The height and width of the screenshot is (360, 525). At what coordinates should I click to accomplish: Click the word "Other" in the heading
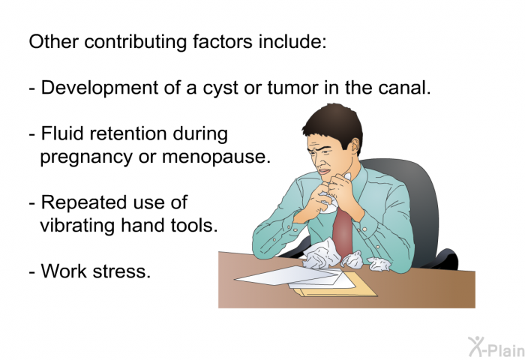tap(53, 41)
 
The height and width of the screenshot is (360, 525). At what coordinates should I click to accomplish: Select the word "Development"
tap(100, 88)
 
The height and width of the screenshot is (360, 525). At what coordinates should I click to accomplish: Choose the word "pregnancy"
tap(86, 157)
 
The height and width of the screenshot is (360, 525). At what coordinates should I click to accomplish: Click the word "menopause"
tap(216, 157)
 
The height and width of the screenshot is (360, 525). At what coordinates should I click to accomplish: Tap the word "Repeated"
tap(83, 202)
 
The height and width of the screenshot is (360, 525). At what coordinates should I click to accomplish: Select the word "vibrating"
tap(78, 225)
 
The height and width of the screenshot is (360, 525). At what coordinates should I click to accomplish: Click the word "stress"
tap(121, 271)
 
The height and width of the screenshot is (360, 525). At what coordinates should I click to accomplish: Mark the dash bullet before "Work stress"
tap(32, 272)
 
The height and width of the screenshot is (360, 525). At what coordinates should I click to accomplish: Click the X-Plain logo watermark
tap(496, 347)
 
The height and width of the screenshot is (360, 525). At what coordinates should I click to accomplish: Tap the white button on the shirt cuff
tap(364, 229)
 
